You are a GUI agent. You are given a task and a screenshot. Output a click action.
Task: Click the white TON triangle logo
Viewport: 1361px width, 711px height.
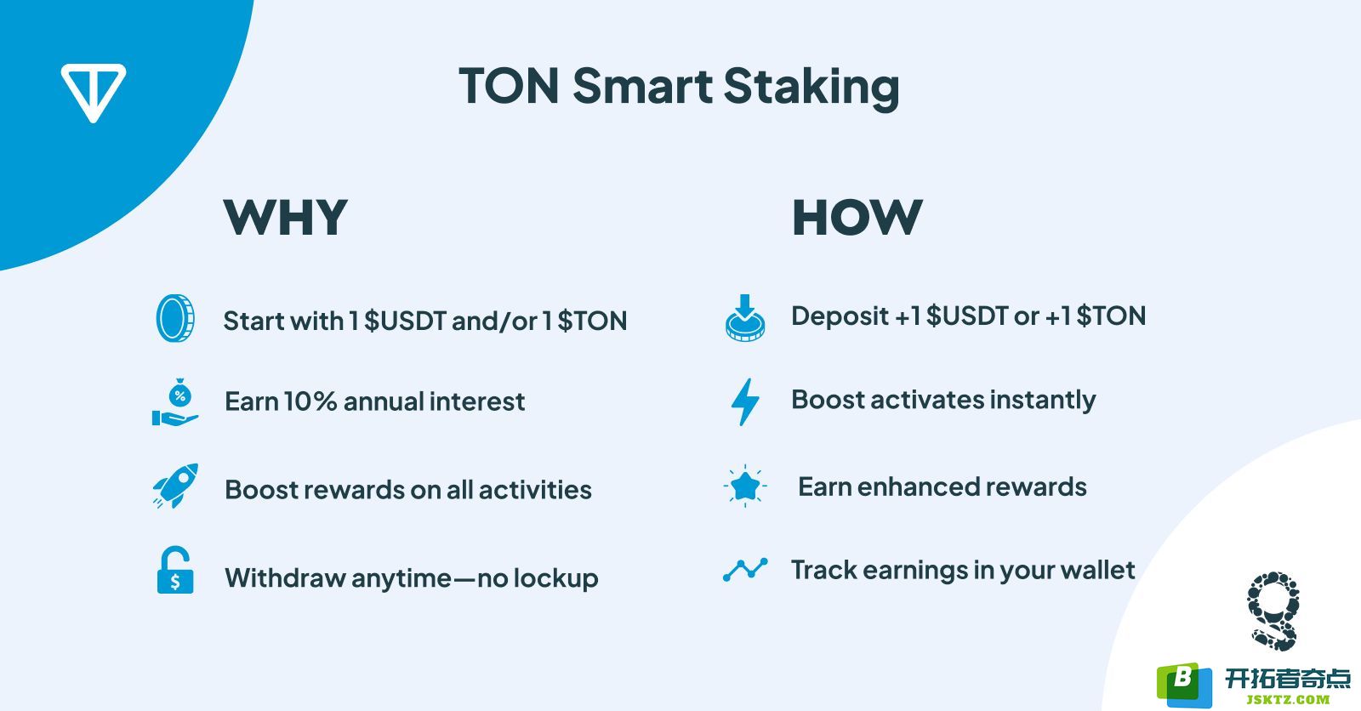click(x=93, y=91)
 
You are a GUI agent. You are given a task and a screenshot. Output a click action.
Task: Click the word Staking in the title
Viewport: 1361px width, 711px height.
click(x=811, y=88)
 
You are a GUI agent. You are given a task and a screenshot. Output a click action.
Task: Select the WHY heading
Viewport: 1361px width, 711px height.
click(x=286, y=217)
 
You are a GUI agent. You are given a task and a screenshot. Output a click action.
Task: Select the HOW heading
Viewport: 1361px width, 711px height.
click(x=857, y=217)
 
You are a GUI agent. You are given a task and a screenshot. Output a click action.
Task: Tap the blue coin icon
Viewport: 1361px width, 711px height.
click(x=175, y=318)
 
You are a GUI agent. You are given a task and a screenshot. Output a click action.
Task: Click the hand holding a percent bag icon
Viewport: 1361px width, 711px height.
click(x=175, y=401)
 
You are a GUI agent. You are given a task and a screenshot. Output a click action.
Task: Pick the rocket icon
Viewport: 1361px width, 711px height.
click(x=175, y=486)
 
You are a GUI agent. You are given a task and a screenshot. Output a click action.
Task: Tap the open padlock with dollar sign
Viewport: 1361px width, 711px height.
click(x=175, y=570)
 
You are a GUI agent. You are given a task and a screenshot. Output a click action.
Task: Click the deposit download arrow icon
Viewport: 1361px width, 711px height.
click(x=745, y=318)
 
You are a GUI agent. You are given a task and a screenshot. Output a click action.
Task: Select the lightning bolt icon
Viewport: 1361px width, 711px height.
click(x=745, y=401)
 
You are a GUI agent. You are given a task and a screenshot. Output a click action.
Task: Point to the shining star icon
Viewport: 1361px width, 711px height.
click(x=745, y=486)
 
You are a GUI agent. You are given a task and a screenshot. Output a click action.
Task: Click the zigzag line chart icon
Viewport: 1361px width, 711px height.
click(x=745, y=570)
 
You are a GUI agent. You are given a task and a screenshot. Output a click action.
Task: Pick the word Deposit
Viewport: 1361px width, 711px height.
click(x=840, y=316)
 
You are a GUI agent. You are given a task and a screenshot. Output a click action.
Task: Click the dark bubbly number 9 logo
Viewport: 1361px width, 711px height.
click(x=1273, y=611)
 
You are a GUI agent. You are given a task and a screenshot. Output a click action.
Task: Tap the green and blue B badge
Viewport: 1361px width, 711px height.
click(x=1184, y=685)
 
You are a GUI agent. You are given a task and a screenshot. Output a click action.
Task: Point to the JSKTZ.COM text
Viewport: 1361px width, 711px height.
click(x=1288, y=699)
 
